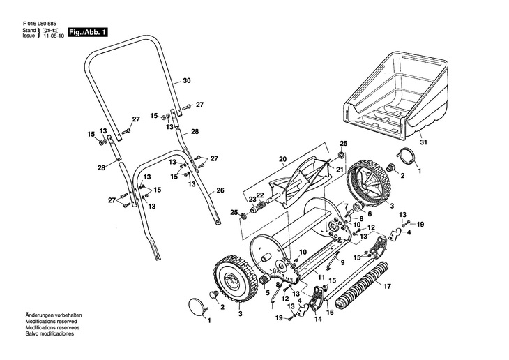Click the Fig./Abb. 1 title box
pyautogui.click(x=88, y=33)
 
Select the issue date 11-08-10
pyautogui.click(x=54, y=36)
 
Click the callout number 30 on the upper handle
pyautogui.click(x=187, y=80)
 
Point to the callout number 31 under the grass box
pyautogui.click(x=424, y=142)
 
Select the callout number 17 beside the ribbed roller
pyautogui.click(x=387, y=287)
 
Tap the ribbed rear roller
pyautogui.click(x=361, y=285)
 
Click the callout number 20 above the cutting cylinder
pyautogui.click(x=283, y=159)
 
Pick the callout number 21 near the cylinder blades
pyautogui.click(x=340, y=170)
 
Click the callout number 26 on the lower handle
pyautogui.click(x=220, y=190)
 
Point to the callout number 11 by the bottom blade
pyautogui.click(x=321, y=278)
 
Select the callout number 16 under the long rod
pyautogui.click(x=330, y=313)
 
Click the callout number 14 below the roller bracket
pyautogui.click(x=318, y=319)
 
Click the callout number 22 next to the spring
pyautogui.click(x=260, y=195)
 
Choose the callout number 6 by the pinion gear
pyautogui.click(x=370, y=214)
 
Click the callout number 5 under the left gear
pyautogui.click(x=268, y=293)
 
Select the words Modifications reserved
pyautogui.click(x=52, y=322)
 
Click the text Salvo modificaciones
pyautogui.click(x=50, y=333)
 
